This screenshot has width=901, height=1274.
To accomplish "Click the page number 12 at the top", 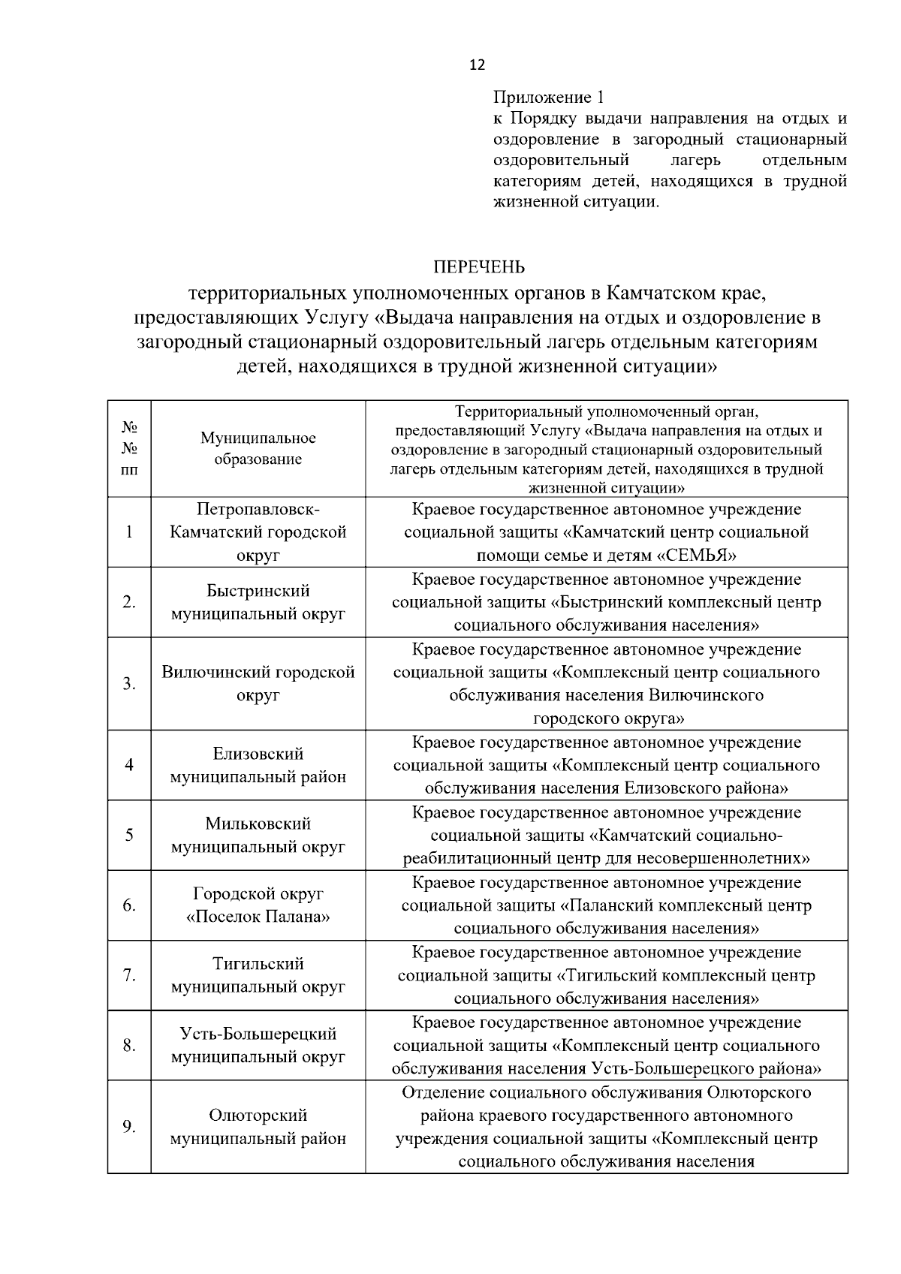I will coord(477,65).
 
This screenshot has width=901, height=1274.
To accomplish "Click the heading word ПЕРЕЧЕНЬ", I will coord(478,267).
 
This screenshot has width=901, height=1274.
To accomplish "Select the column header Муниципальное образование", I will coord(258,448).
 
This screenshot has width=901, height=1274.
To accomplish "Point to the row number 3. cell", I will coord(129,684).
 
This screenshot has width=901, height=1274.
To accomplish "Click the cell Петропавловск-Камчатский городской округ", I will coord(258,532).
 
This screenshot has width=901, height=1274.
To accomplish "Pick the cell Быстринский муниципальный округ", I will coord(258,602).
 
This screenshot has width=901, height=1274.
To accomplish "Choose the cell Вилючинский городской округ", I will coord(258,684).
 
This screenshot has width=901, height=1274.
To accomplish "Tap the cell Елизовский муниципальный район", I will coord(258,765).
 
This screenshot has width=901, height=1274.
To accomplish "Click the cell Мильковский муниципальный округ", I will coord(258,836).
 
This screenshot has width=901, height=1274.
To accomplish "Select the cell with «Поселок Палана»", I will coord(258,917).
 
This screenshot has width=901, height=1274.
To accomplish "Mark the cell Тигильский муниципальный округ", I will coord(258,975).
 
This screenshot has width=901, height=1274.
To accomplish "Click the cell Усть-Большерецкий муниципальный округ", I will coord(258,1045).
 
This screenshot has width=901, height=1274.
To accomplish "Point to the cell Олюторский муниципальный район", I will coord(258,1127).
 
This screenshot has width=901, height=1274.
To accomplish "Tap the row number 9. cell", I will coord(129,1127).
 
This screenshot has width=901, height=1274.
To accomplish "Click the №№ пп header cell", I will coord(129,448).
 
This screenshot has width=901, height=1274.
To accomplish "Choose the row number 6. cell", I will coord(129,905).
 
